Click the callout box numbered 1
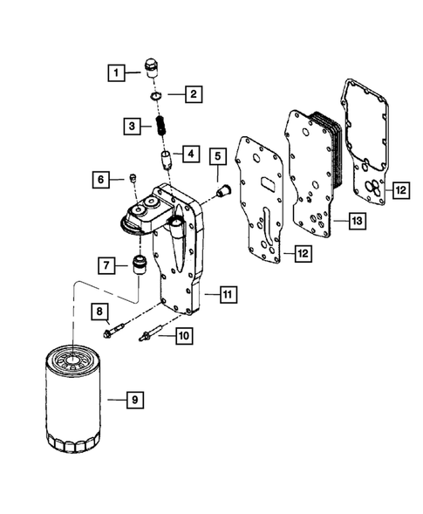(x=116, y=72)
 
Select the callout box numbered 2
(x=194, y=94)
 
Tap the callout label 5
(x=218, y=156)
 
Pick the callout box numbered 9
(x=135, y=400)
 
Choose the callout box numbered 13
(x=357, y=221)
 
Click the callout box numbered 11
(x=228, y=294)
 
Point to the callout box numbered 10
(x=184, y=336)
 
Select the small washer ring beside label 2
(x=154, y=96)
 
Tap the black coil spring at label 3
(x=160, y=125)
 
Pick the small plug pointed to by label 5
(x=224, y=190)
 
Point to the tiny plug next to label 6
(x=133, y=178)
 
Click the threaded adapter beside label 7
(x=140, y=264)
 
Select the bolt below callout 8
(x=113, y=330)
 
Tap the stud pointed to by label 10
(x=151, y=332)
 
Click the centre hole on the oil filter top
(x=72, y=360)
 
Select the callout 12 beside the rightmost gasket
(x=401, y=189)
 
